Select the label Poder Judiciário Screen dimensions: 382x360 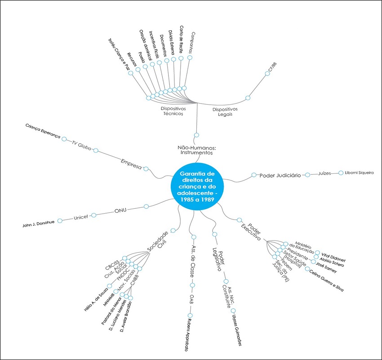(x=280, y=175)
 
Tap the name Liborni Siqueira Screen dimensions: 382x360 (x=359, y=173)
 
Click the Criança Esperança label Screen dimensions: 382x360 (x=43, y=132)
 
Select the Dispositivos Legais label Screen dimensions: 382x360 (x=225, y=111)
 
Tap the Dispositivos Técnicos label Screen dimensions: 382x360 (x=173, y=111)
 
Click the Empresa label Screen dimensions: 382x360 (x=131, y=164)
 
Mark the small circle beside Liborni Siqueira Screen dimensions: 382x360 (x=341, y=172)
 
